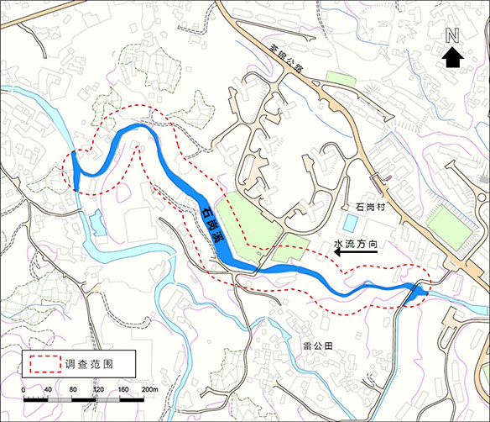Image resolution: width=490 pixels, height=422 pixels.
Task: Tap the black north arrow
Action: coord(452,56)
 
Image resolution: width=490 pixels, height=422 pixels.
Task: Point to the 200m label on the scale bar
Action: coord(150,390)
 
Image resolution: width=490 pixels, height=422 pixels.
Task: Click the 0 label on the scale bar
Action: coord(23,390)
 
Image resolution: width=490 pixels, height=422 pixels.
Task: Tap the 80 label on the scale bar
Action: coord(73,390)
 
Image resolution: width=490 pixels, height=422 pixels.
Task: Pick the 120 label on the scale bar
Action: coord(98,390)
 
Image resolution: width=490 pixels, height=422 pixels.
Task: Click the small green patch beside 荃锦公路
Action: coord(341,80)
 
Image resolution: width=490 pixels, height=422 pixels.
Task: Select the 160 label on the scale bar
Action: coord(123,390)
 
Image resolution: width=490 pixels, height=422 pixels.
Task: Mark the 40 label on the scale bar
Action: coord(49,390)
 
